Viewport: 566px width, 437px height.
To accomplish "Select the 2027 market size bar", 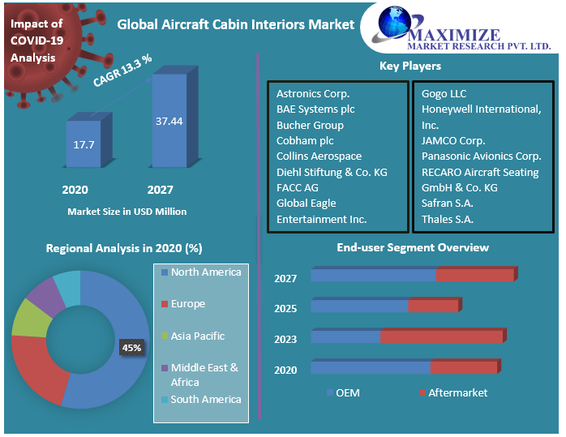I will (x=169, y=122).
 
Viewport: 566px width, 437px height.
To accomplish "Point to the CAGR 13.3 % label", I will (x=122, y=70).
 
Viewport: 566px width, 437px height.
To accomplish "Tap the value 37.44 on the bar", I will (x=169, y=121).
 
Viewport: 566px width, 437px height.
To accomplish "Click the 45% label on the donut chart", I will (x=131, y=347).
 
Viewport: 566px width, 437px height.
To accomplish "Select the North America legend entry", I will (x=205, y=272).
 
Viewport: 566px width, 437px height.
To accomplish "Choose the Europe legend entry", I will (x=187, y=304).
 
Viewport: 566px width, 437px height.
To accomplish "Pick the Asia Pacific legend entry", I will (x=197, y=336).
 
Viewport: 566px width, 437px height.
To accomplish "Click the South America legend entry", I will (x=205, y=399).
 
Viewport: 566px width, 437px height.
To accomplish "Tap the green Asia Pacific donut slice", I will (x=31, y=318).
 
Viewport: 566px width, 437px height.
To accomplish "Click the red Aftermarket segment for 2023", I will (x=442, y=336).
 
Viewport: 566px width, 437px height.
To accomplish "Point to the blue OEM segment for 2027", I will (x=373, y=275).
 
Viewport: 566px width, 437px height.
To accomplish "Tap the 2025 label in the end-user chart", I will (x=285, y=309).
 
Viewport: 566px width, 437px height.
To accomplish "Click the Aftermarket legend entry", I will (x=457, y=392).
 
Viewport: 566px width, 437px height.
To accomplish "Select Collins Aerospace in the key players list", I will (x=319, y=156).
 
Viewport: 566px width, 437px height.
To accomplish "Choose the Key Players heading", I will (x=410, y=66).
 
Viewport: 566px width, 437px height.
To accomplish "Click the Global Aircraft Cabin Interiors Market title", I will (x=236, y=24).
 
